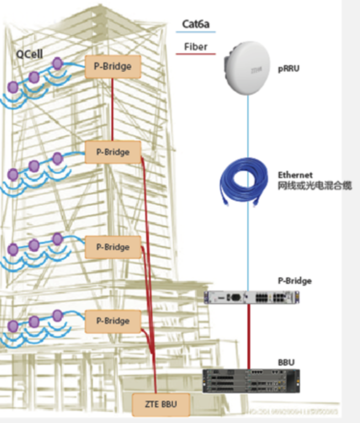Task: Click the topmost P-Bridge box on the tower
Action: point(112,66)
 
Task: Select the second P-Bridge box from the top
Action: point(112,152)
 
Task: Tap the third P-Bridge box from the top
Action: point(112,247)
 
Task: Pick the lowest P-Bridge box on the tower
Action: point(112,320)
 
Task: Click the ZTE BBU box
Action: point(161,404)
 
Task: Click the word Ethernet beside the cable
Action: point(295,175)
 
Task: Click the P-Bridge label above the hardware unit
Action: point(294,281)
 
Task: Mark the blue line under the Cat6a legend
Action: point(195,32)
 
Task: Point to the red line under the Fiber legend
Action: point(195,54)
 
